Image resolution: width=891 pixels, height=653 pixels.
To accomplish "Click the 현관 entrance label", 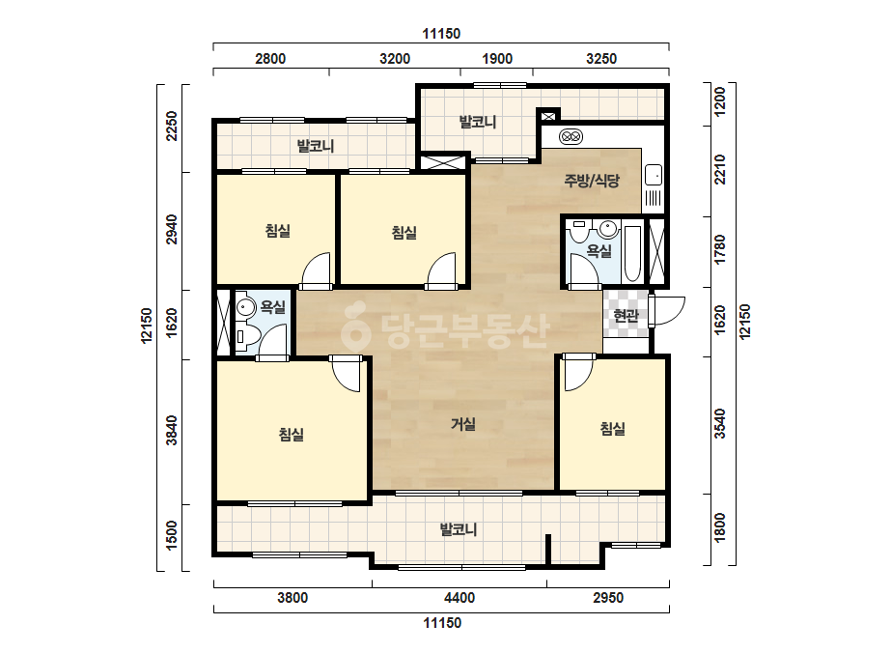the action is (x=626, y=315).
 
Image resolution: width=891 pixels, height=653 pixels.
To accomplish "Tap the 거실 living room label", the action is (x=463, y=424).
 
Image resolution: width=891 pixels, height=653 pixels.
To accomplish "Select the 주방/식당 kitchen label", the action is (x=592, y=181).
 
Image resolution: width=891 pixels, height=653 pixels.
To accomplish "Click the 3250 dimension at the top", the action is (x=601, y=59).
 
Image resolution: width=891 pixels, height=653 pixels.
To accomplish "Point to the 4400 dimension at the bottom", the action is (x=459, y=598).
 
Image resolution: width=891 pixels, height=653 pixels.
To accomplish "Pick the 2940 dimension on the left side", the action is (x=172, y=229).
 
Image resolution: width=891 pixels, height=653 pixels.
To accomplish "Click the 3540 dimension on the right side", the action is (x=719, y=423).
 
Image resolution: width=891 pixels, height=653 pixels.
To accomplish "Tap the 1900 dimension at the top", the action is (x=497, y=59).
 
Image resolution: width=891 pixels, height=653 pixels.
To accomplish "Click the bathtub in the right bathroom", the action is (x=632, y=254).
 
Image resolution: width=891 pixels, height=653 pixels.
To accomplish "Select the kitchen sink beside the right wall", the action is (x=654, y=175).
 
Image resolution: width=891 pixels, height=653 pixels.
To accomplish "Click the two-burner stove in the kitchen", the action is (x=571, y=136).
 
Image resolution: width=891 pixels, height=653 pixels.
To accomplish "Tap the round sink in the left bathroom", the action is (x=245, y=307).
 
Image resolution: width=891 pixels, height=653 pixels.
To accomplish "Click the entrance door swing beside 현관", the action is (x=669, y=311).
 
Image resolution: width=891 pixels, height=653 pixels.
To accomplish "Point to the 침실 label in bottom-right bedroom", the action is (x=613, y=428).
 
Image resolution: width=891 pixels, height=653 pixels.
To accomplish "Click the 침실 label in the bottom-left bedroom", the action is (x=291, y=435).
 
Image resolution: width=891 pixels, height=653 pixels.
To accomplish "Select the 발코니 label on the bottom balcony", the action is (x=459, y=529).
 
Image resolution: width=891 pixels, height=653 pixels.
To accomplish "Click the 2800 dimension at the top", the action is (x=270, y=59).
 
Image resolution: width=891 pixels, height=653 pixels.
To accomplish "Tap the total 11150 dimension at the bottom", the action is (x=441, y=623).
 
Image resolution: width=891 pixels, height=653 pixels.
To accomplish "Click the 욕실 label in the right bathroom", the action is (x=599, y=250).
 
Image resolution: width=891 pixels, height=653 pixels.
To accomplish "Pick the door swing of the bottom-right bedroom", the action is (x=578, y=374).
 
